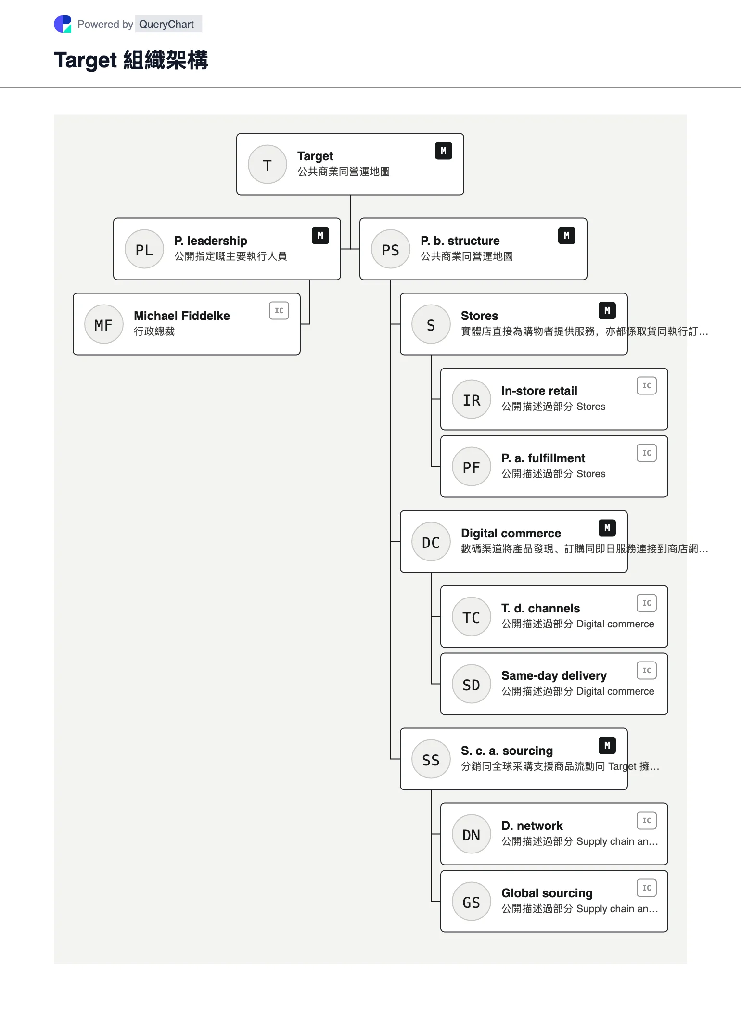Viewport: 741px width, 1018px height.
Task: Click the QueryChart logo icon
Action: tap(63, 24)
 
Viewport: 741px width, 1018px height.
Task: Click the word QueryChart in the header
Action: tap(166, 24)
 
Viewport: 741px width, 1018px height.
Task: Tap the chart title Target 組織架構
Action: tap(131, 60)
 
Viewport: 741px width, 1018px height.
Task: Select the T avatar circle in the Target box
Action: tap(268, 165)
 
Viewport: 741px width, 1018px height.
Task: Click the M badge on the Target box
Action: tap(444, 151)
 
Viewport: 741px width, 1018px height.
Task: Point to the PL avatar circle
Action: tap(144, 249)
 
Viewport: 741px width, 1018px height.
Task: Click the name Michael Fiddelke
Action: tap(182, 316)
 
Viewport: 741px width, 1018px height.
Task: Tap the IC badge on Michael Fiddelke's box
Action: tap(279, 311)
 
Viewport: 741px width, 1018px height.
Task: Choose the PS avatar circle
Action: tap(391, 249)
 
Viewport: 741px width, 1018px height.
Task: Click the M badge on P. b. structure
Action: tap(567, 236)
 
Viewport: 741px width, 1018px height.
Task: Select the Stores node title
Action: tap(480, 316)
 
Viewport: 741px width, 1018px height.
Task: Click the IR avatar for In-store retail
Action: tap(472, 399)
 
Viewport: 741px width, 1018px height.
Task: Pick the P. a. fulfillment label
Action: tap(543, 458)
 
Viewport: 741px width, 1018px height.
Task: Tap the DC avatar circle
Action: tap(431, 542)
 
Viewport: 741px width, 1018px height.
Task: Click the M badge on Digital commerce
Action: tap(607, 528)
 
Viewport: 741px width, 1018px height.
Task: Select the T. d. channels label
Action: tap(541, 608)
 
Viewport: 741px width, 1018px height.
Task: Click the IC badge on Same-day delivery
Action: tap(647, 671)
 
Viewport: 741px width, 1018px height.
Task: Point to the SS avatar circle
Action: tap(431, 759)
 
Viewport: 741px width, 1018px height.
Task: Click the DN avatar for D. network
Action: tap(472, 834)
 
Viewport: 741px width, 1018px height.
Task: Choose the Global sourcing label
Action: tap(547, 893)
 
